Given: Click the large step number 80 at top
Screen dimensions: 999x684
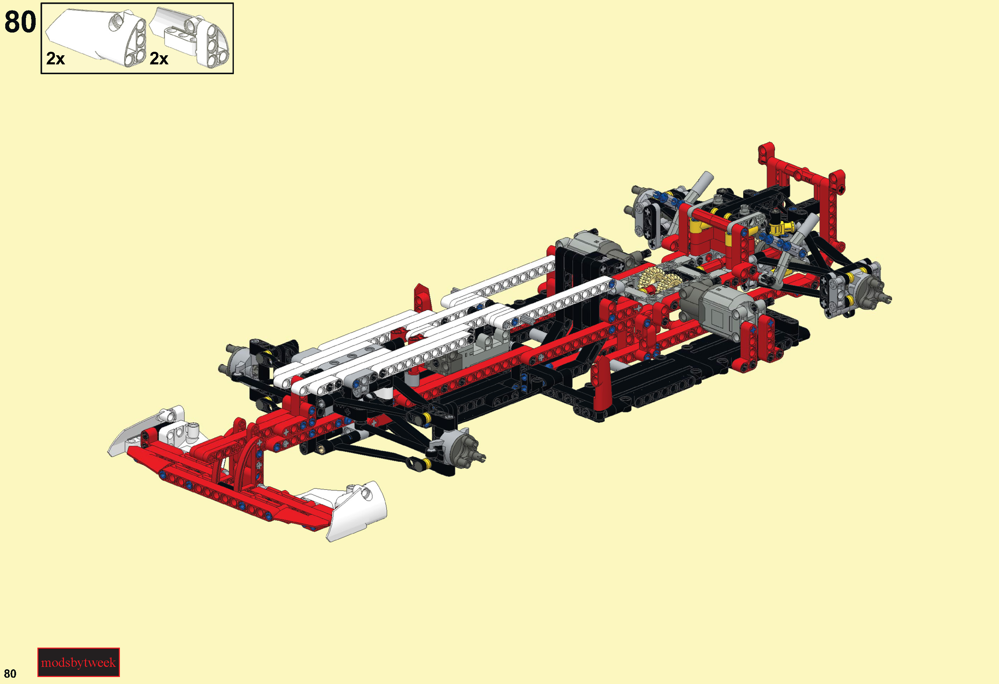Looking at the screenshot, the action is [20, 21].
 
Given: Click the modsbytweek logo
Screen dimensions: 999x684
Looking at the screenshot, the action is [78, 662].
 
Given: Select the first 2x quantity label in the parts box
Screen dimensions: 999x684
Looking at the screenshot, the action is [56, 58].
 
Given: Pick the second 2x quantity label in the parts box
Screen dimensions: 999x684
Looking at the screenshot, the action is [159, 58].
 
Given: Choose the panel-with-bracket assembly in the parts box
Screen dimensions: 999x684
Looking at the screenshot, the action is [189, 37].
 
